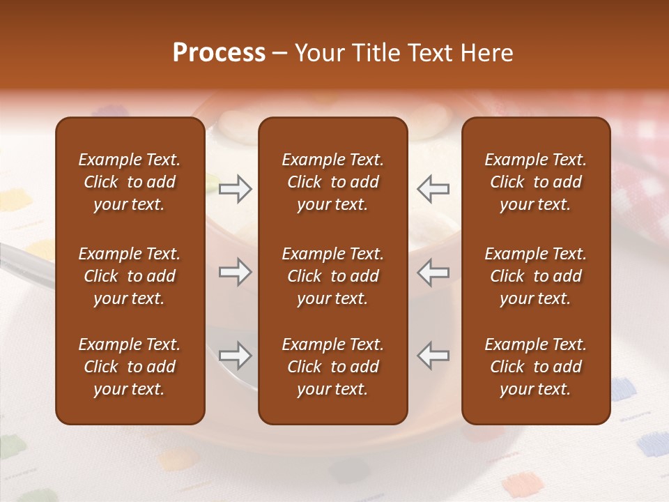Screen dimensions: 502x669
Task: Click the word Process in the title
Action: click(219, 52)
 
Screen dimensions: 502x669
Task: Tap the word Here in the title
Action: click(486, 52)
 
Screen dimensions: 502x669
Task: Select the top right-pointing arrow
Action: click(236, 188)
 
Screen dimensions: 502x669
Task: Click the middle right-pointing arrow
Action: click(236, 272)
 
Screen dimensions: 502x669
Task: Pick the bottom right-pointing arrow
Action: click(236, 356)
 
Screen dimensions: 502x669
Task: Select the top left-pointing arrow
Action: click(433, 188)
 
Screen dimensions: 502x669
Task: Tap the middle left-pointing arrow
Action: click(433, 272)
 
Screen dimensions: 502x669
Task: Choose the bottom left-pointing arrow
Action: click(433, 356)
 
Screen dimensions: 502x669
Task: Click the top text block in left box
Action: click(130, 182)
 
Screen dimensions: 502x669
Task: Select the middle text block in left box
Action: click(130, 276)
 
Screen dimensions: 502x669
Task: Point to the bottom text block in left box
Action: click(130, 367)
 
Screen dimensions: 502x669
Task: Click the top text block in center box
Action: click(332, 182)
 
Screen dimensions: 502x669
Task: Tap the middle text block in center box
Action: click(332, 276)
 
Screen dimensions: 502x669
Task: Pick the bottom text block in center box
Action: click(332, 367)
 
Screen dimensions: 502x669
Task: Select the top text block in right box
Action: click(535, 182)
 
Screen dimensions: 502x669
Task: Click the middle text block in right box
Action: click(535, 276)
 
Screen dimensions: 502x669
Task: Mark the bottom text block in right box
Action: click(535, 367)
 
